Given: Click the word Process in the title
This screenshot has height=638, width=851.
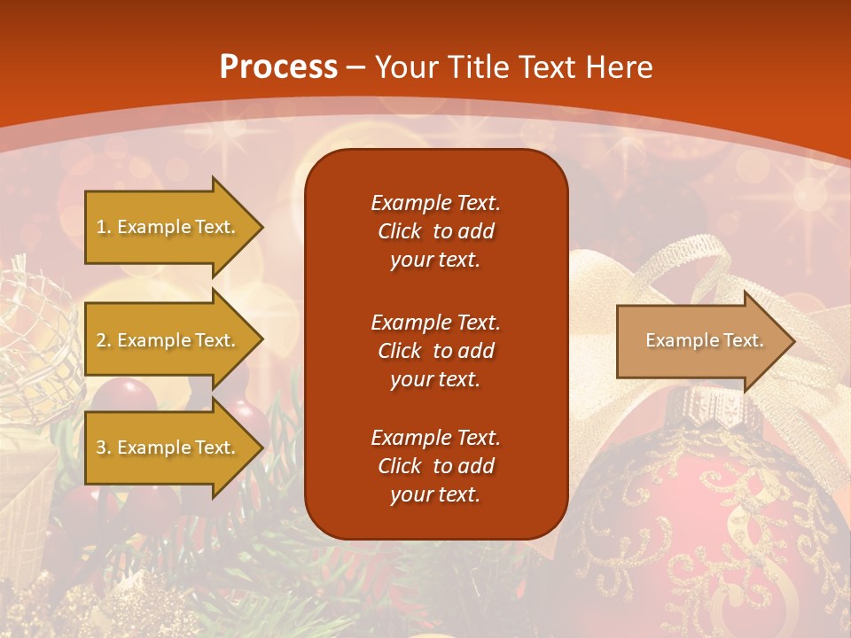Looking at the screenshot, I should (278, 66).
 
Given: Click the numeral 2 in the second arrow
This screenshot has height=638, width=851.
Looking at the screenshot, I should (101, 340).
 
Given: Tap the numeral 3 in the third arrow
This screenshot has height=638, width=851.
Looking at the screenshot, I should (101, 447).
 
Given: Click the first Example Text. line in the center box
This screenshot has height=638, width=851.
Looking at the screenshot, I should (435, 203).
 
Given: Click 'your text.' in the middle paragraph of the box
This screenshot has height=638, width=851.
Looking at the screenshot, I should (435, 379).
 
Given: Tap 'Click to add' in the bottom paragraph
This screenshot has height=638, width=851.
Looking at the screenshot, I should (435, 466).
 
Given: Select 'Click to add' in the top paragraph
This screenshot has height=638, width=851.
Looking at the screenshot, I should (435, 231).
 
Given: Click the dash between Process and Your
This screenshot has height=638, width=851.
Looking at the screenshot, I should (356, 66).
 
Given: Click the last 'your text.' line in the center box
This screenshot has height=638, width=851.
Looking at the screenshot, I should (435, 494).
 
